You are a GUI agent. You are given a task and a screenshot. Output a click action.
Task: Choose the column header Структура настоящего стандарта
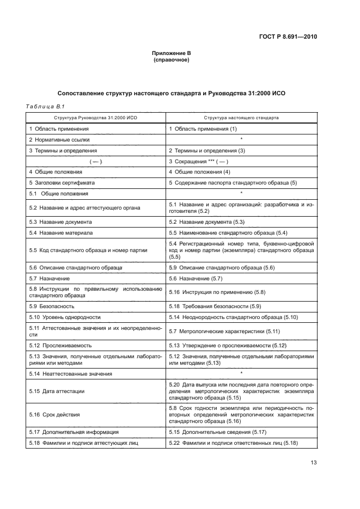[241, 117]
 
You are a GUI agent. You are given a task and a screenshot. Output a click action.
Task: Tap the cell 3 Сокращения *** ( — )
[198, 161]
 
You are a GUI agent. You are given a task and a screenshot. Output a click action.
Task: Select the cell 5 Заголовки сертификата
[62, 182]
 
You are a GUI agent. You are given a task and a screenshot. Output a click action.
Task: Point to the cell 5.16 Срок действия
[54, 414]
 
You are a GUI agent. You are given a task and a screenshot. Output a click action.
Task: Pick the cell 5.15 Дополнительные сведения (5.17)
[217, 432]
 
